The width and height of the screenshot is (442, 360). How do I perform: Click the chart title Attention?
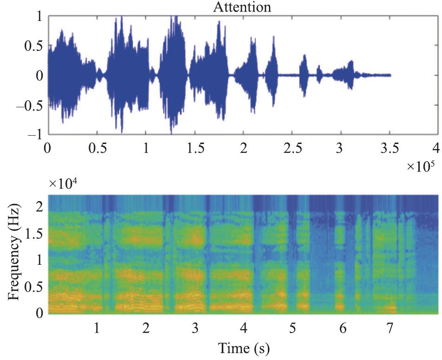(241, 7)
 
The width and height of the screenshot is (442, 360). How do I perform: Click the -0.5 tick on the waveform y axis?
(29, 105)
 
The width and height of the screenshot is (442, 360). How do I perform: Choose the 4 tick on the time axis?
(243, 328)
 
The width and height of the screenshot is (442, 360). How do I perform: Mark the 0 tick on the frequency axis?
(40, 314)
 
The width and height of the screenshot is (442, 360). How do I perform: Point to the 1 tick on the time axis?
(97, 328)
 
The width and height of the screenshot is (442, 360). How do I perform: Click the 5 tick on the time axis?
(292, 328)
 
